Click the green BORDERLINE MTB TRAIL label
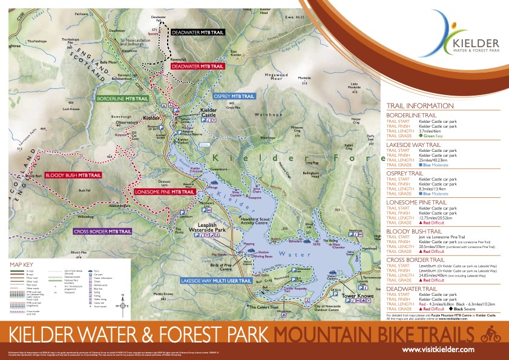coord(123,97)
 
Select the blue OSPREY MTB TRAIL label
coord(234,96)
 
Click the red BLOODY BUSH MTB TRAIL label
coord(73,175)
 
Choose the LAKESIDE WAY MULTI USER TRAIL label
coord(215,281)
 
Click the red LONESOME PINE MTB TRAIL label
coord(165,191)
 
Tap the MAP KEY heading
coord(25,264)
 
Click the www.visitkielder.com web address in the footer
coord(438,350)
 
